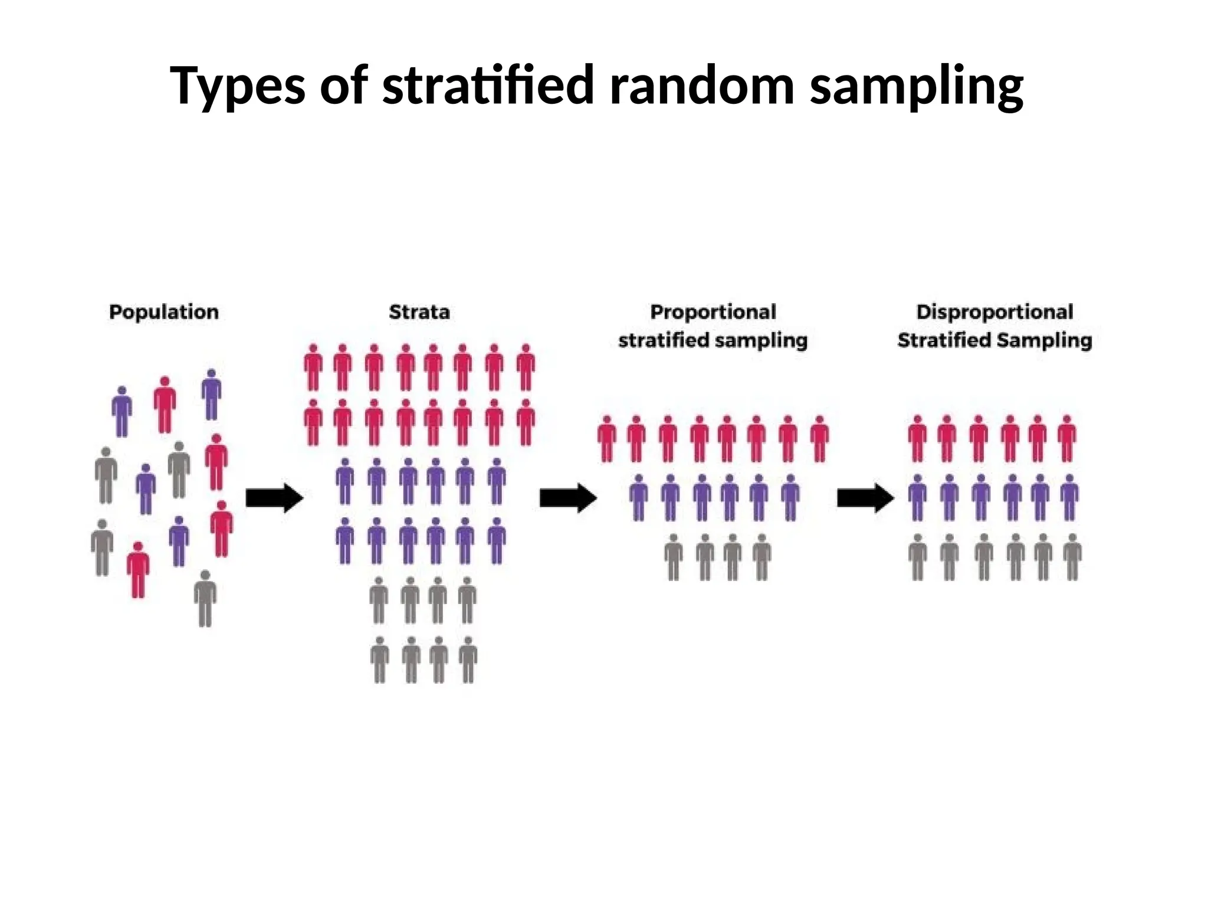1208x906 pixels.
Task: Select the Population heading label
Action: (164, 312)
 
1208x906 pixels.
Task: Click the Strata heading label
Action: (419, 312)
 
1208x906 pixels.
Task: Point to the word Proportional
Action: (713, 312)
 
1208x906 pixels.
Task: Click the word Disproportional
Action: (994, 312)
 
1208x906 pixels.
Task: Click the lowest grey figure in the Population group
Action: (205, 598)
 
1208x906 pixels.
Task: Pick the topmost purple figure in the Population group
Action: (211, 394)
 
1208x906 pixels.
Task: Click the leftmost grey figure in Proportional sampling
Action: (674, 557)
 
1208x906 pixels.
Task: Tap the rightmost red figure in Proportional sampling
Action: (819, 439)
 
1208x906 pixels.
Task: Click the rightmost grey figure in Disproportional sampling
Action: (1072, 557)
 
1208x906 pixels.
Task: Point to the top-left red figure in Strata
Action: (313, 367)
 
